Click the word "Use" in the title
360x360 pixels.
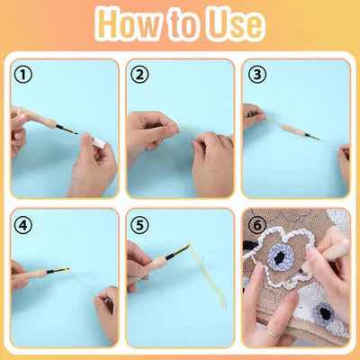tap(231, 25)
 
